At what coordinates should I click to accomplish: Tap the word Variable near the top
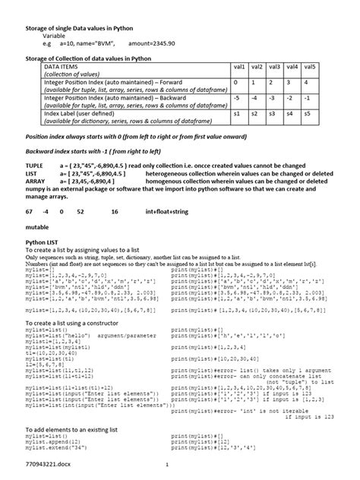coord(53,36)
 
